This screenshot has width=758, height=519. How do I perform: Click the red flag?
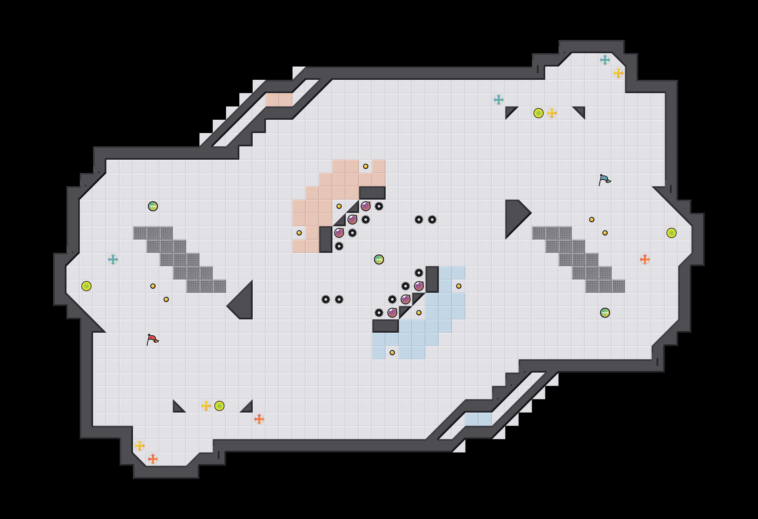point(152,339)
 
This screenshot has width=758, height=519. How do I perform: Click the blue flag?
point(604,180)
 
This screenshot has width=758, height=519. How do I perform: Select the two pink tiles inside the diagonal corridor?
point(279,100)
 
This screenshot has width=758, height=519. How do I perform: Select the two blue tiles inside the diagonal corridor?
point(479,419)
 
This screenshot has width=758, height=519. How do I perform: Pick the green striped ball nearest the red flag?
point(153,206)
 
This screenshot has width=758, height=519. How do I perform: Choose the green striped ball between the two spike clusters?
point(379,259)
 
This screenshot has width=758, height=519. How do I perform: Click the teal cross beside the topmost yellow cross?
point(605,60)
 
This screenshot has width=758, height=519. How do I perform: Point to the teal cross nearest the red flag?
point(113,259)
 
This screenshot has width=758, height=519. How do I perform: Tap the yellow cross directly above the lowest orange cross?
point(140,446)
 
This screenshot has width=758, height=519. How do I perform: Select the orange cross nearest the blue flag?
point(645,259)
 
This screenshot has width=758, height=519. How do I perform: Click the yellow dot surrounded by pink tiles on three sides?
point(366,166)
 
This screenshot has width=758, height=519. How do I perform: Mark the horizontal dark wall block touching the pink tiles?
point(372,193)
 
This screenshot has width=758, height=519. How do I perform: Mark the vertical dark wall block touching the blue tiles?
point(432,279)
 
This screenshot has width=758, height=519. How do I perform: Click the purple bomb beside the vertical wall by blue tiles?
point(419,286)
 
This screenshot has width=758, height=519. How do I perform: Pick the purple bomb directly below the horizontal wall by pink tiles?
point(366,206)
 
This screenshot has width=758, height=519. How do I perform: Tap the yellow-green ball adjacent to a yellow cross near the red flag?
point(219,406)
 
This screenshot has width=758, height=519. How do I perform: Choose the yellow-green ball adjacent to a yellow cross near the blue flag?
point(539,113)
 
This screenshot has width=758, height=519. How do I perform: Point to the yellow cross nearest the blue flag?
point(552,113)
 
